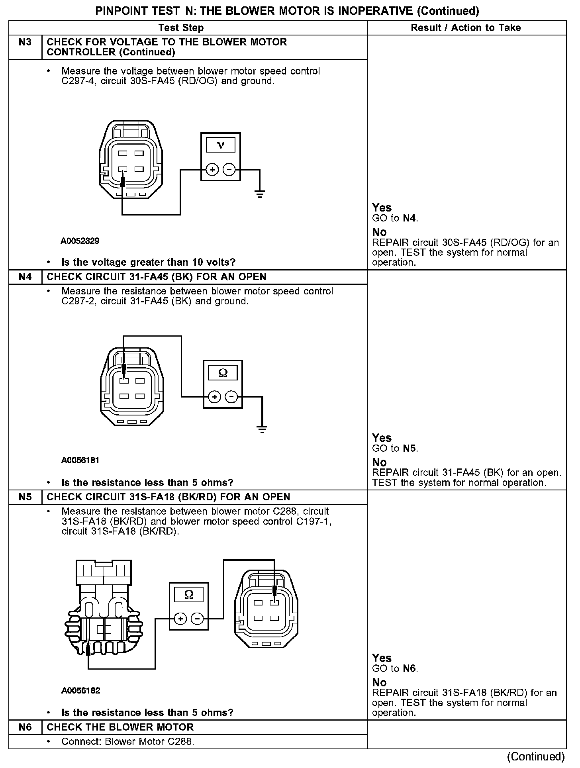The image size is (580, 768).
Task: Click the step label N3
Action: click(25, 42)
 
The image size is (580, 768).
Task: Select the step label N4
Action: click(25, 277)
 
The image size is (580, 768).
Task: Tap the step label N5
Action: click(25, 497)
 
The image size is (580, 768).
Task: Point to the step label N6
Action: click(25, 727)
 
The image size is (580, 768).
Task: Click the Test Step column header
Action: click(181, 28)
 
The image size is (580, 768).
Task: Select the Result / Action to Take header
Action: click(466, 28)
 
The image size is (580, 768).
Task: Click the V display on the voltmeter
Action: click(220, 145)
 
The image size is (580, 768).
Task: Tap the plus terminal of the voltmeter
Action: click(212, 170)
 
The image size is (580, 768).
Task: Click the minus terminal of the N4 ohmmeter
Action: click(231, 397)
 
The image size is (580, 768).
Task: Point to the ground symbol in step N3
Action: click(260, 194)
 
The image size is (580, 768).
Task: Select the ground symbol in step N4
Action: click(262, 429)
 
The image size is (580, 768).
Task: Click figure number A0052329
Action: click(80, 241)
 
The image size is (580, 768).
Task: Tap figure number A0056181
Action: click(80, 460)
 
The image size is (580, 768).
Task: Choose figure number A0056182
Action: click(80, 691)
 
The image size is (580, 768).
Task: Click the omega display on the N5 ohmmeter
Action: click(189, 595)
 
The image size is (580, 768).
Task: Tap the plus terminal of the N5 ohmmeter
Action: click(180, 619)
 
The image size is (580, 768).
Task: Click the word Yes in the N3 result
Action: click(382, 208)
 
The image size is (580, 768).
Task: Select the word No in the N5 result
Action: click(379, 682)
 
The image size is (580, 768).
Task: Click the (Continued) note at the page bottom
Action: click(536, 756)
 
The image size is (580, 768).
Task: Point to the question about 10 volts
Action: click(148, 262)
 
